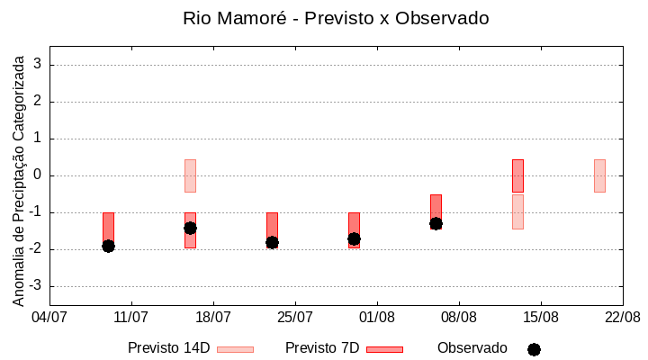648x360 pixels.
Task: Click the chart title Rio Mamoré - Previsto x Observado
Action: tap(336, 18)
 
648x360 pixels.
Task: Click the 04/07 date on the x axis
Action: tap(49, 318)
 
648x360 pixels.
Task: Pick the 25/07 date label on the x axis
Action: tap(295, 318)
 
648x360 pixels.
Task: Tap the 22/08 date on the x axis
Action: tap(622, 318)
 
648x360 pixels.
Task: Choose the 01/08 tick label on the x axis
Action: tap(377, 318)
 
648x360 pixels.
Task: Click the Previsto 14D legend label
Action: tap(169, 348)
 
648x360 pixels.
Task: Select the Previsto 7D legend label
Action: tap(322, 348)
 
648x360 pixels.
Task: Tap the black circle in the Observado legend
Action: tap(534, 349)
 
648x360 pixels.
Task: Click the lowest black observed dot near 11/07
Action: tap(108, 246)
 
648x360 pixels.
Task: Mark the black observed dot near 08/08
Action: tap(436, 223)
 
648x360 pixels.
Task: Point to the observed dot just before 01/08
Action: tap(354, 238)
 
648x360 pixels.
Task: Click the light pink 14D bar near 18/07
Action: tap(190, 175)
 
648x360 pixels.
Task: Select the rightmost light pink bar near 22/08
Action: tap(599, 175)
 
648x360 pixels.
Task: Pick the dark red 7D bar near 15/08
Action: tap(517, 175)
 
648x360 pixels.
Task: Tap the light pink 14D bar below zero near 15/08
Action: tap(517, 211)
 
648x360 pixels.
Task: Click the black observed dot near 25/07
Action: tap(272, 242)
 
